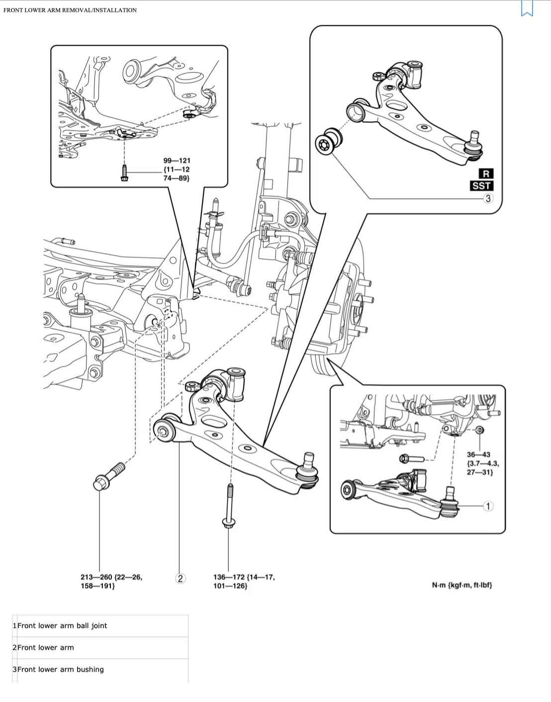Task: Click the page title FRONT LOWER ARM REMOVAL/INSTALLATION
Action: click(x=70, y=10)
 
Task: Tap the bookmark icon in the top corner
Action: click(x=527, y=8)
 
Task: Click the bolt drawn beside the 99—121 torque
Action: click(x=124, y=173)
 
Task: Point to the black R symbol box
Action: click(x=486, y=174)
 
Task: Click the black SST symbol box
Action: click(x=481, y=186)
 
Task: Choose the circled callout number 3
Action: click(x=488, y=198)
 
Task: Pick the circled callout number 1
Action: click(x=488, y=506)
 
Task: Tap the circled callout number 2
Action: click(x=180, y=578)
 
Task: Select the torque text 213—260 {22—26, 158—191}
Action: click(x=111, y=581)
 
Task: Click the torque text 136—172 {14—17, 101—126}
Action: click(x=244, y=581)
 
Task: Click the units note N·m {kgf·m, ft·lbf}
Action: click(x=461, y=585)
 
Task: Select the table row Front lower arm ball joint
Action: click(x=62, y=626)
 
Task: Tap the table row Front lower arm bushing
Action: click(x=61, y=670)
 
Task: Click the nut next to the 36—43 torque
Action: click(x=479, y=430)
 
